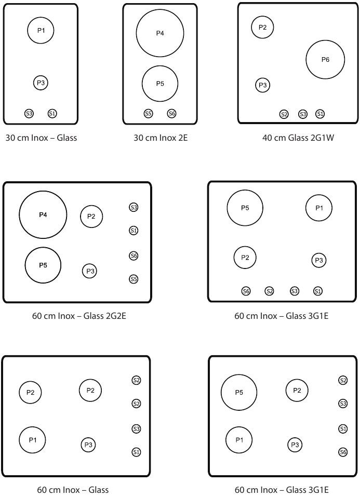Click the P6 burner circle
tap(325, 60)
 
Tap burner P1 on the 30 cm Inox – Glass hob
tap(41, 31)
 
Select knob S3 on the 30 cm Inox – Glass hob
tap(29, 113)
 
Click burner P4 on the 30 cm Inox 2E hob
tap(160, 33)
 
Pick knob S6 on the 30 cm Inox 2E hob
tap(172, 113)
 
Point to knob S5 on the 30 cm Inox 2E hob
tap(149, 113)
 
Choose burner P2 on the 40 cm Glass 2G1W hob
tap(262, 28)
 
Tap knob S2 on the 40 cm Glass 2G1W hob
tap(284, 114)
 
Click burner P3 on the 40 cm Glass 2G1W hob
tap(263, 85)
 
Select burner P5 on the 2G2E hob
tap(43, 265)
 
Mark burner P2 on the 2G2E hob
tap(91, 217)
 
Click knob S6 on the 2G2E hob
tap(134, 256)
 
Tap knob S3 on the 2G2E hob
tap(134, 208)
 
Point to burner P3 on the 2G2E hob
tap(90, 271)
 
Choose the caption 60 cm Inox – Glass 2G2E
tap(79, 315)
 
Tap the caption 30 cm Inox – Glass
tap(41, 138)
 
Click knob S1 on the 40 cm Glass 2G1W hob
tap(320, 114)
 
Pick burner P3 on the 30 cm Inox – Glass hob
tap(42, 83)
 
